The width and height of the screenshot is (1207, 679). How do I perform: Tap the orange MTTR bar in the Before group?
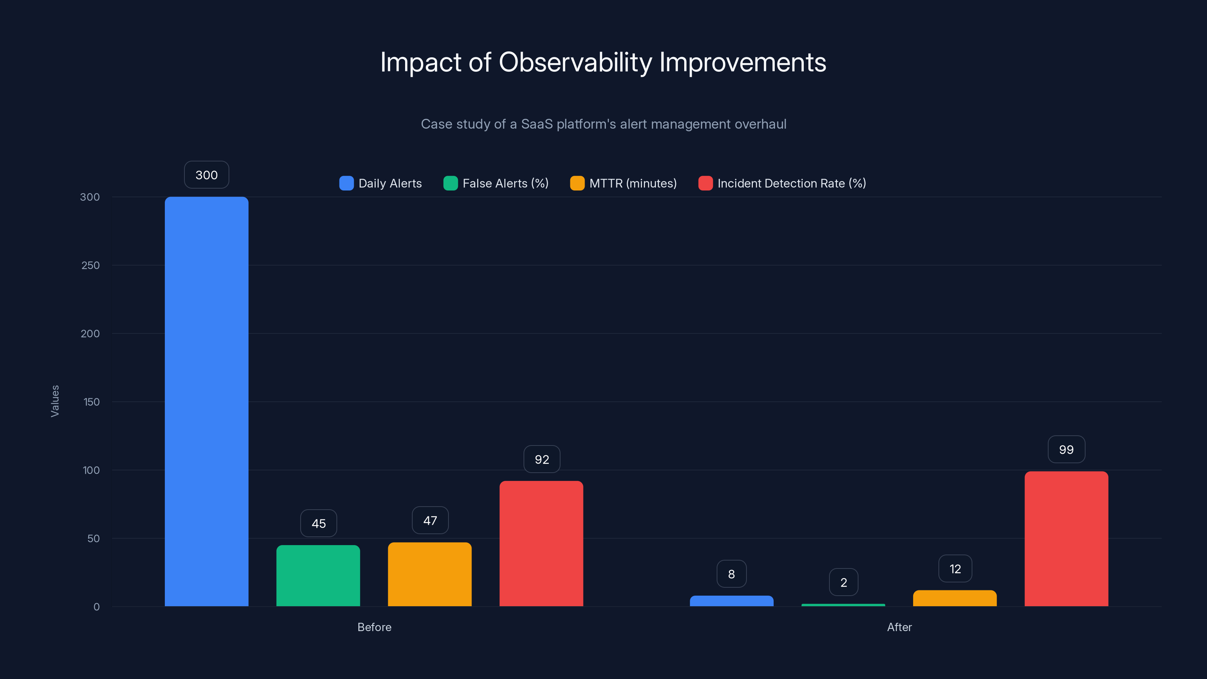(x=430, y=574)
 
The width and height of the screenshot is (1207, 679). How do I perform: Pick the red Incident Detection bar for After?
(x=1066, y=539)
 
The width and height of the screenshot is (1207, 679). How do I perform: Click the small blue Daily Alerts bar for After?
(x=731, y=601)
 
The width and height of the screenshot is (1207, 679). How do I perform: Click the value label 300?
(x=206, y=175)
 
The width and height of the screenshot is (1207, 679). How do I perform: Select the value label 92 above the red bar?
(x=542, y=459)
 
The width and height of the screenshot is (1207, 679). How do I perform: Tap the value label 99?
(x=1066, y=449)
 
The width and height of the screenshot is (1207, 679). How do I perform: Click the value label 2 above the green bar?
(x=843, y=582)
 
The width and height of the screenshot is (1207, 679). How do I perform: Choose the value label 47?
(x=430, y=520)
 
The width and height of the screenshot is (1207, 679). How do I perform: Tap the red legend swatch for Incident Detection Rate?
(x=705, y=183)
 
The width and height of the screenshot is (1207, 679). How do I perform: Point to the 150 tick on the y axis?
(x=91, y=402)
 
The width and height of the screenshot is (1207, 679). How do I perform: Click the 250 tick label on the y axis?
(x=91, y=265)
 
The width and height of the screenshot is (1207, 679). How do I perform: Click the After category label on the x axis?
(x=899, y=627)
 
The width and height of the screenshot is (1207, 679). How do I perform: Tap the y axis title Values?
(x=55, y=401)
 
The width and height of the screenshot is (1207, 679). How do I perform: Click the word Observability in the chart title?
(x=575, y=62)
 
